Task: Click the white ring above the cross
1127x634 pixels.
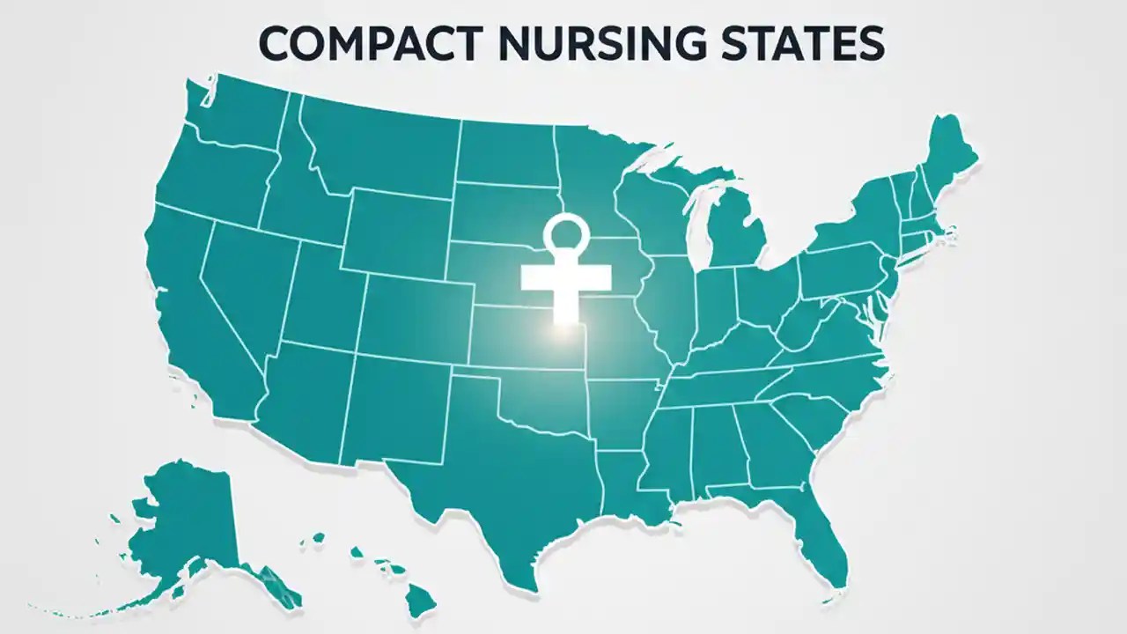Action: pos(565,234)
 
